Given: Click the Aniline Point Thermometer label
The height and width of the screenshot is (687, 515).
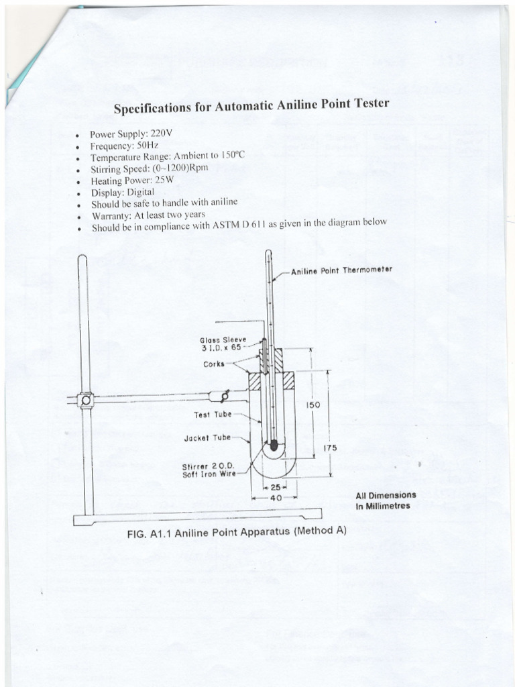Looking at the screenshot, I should [x=341, y=270].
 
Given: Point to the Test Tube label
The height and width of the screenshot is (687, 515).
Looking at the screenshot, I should [x=212, y=415].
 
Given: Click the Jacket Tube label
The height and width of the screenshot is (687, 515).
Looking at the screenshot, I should [x=207, y=438].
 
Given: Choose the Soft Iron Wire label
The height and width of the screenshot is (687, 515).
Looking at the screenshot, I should [x=208, y=474].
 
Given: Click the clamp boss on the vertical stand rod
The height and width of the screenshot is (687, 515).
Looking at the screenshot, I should [x=84, y=401].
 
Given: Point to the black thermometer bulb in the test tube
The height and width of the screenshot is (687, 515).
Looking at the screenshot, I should [x=274, y=445].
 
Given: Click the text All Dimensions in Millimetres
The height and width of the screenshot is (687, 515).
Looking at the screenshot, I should [x=386, y=500].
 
